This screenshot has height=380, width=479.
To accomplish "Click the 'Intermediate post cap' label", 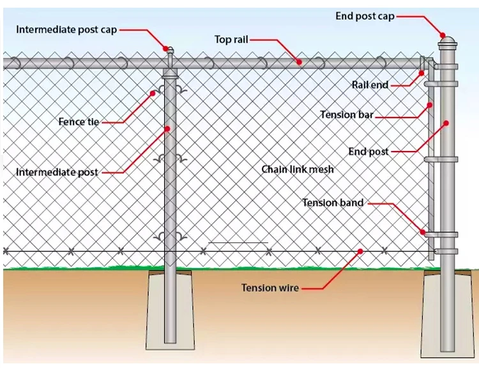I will pos(66,29).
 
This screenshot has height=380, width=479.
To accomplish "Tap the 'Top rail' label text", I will pos(231,40).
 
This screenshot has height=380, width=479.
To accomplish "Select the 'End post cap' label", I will pos(365,16).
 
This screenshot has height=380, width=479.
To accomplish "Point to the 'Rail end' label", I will pos(370,84).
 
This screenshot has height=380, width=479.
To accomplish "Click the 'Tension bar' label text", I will pos(347,115).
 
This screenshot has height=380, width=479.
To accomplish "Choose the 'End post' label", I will pos(369,152).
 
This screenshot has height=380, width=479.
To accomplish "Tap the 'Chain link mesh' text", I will pos(298,170).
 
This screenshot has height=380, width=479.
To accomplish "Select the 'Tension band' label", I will pos(333,203).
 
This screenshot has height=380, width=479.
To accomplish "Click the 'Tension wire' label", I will pos(270,288).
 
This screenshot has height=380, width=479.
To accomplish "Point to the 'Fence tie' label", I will pos(79,122).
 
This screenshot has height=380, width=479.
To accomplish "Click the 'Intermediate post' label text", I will pos(57,172).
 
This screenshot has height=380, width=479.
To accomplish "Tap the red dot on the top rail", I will pos(299,61).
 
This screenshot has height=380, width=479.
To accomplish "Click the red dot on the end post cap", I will pos(441,35).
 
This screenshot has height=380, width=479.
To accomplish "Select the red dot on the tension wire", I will pos(360,251).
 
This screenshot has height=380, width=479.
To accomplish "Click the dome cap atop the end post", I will pos(447,42).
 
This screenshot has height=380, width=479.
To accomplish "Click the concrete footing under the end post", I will pos(447,320).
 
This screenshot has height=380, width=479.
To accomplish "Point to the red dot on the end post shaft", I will pos(446,122).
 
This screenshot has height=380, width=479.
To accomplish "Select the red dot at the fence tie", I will pos(153,93).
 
